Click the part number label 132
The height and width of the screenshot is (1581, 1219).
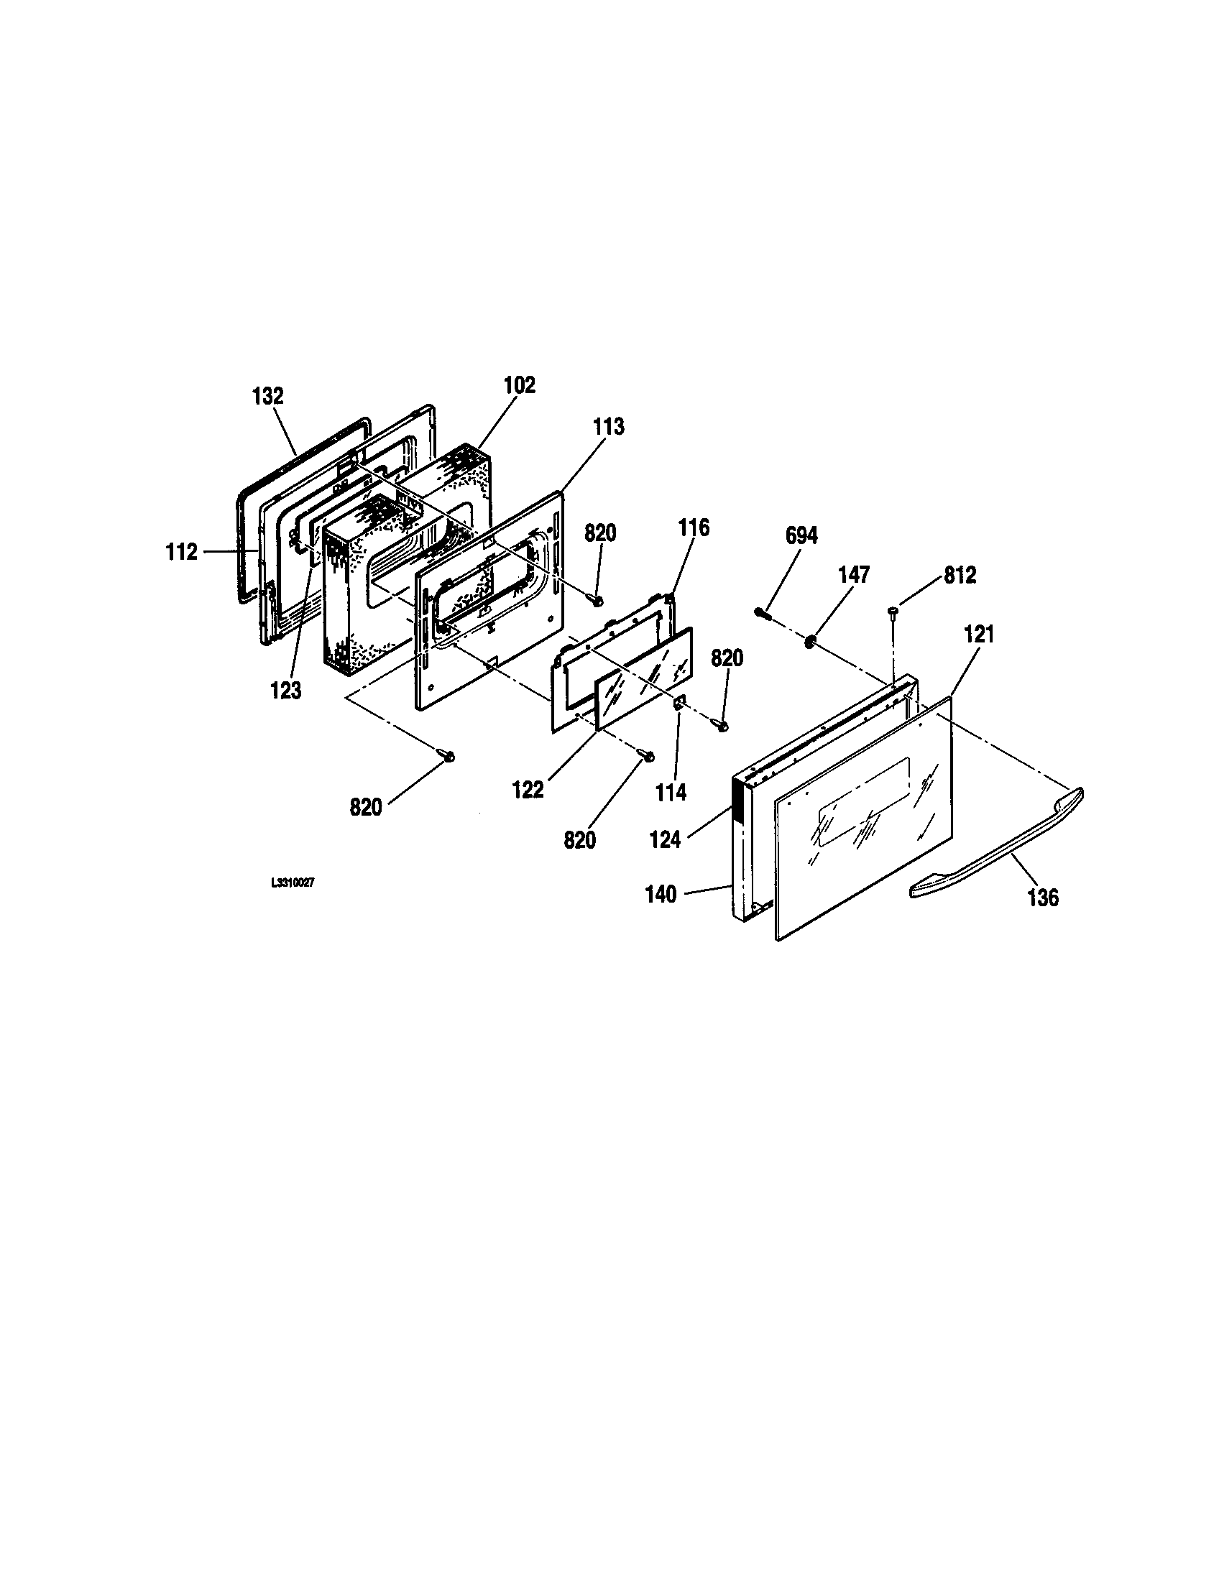coord(268,397)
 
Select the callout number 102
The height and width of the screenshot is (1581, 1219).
coord(520,385)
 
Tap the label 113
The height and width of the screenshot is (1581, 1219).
coord(608,427)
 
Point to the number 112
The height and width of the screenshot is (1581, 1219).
coord(181,553)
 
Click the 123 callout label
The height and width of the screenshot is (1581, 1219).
coord(286,691)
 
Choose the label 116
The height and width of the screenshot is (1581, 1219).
coord(694,527)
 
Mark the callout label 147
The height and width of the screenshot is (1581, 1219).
coord(853,575)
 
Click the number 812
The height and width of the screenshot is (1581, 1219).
coord(960,576)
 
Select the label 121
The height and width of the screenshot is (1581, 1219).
coord(979,635)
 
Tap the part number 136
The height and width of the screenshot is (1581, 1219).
coord(1043,898)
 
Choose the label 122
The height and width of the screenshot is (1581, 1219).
coord(528,790)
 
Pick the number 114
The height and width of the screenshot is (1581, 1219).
coord(671,793)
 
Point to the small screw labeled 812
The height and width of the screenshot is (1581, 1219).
coord(893,614)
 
